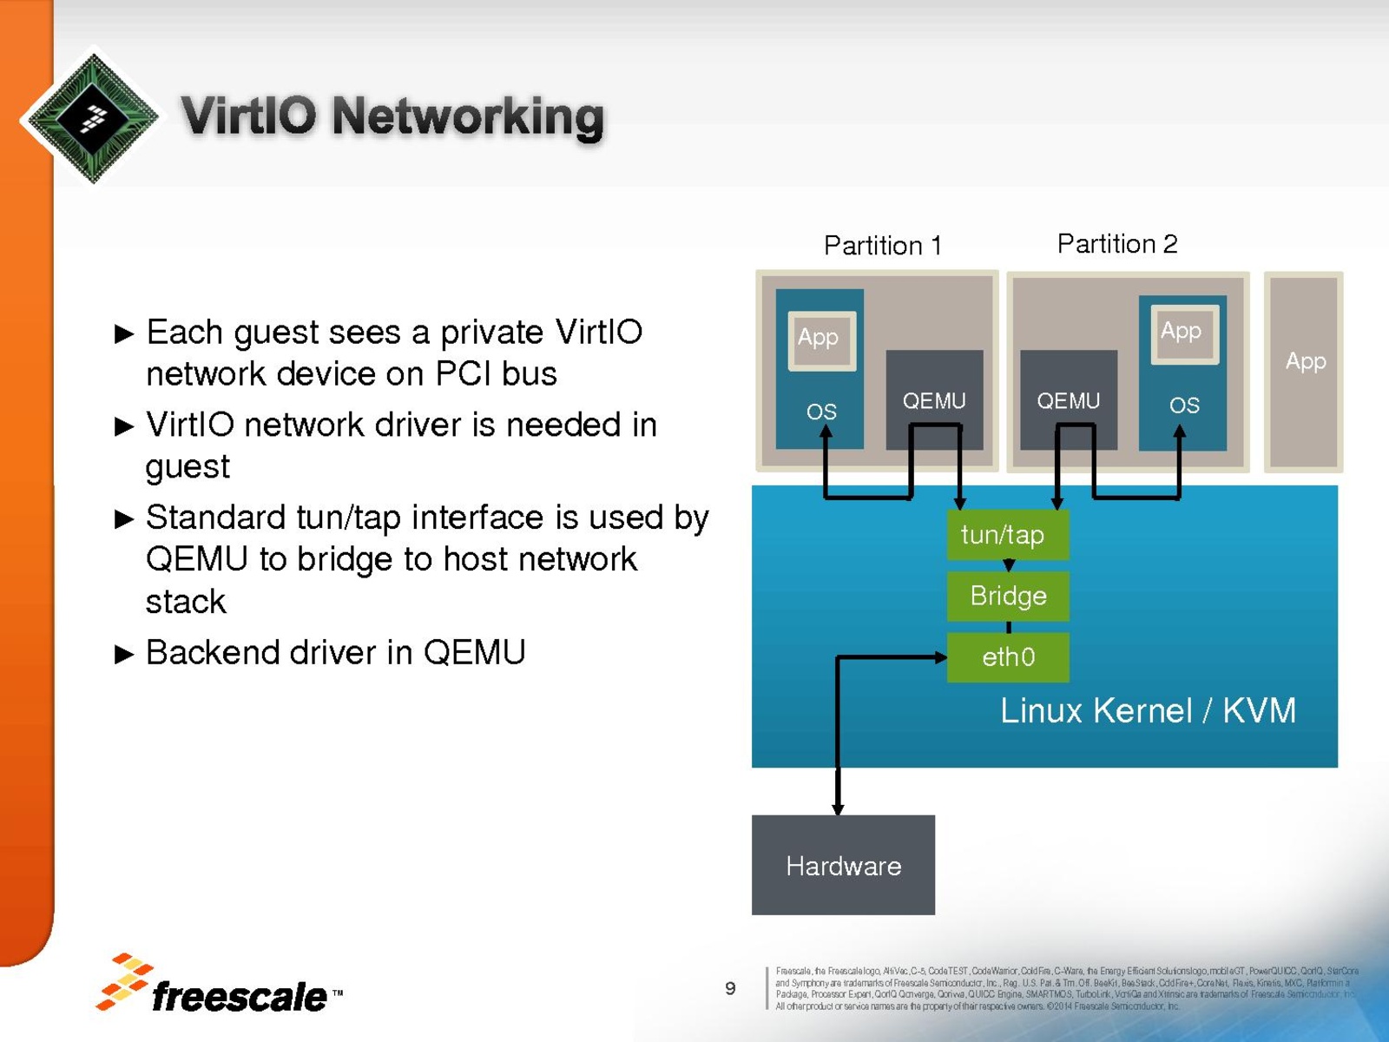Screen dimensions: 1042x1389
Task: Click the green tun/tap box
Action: (1007, 535)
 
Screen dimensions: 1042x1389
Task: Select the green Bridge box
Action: (1007, 597)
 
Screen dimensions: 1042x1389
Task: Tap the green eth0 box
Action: (1007, 657)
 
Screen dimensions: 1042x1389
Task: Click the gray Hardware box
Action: (843, 865)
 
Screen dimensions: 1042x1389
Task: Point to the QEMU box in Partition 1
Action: (934, 399)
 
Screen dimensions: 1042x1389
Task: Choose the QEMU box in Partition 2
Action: (1068, 399)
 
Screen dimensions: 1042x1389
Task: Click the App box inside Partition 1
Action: (820, 339)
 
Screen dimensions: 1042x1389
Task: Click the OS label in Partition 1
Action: (821, 412)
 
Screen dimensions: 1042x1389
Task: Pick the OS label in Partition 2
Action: (1184, 406)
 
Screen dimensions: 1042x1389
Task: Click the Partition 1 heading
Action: (882, 246)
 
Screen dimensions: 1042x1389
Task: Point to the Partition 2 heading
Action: (1116, 244)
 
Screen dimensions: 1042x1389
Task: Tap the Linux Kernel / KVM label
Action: (1147, 711)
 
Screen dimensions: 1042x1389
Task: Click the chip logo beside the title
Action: (93, 116)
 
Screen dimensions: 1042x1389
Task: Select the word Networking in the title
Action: (467, 116)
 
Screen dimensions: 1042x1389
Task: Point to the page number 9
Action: (730, 988)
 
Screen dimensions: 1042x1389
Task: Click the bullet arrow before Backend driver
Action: (125, 654)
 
